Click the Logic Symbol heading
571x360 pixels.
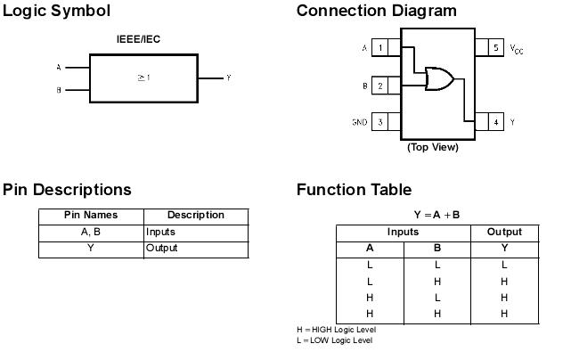click(56, 12)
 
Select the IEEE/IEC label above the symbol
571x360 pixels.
click(139, 40)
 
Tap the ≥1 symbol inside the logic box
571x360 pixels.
click(143, 78)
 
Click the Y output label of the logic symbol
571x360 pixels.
click(229, 78)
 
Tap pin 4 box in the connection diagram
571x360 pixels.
click(495, 122)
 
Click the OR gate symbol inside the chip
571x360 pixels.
click(438, 79)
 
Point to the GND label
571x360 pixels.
click(359, 122)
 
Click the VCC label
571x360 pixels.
click(517, 49)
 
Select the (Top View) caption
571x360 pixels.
click(432, 147)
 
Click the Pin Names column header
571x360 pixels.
click(91, 215)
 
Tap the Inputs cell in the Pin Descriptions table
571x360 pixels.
click(160, 232)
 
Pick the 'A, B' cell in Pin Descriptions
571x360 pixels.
click(91, 232)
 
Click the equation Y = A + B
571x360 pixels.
click(436, 215)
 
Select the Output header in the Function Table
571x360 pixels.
click(504, 232)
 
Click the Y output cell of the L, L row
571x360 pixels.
click(504, 265)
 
